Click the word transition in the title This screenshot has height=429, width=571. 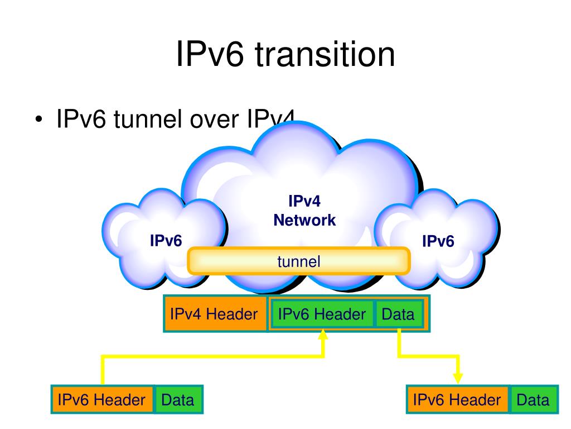click(x=326, y=55)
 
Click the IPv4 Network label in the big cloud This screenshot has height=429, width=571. click(x=304, y=210)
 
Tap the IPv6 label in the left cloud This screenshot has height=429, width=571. click(x=166, y=241)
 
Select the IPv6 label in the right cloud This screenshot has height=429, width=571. click(x=438, y=241)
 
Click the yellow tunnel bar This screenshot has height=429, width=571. click(x=299, y=261)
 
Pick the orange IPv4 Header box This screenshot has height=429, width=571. click(x=215, y=314)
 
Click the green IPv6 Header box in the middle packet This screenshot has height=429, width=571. click(x=322, y=314)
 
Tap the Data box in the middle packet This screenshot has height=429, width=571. click(x=398, y=314)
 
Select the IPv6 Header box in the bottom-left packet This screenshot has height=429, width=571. click(x=102, y=399)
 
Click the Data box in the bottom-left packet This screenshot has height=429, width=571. click(x=178, y=399)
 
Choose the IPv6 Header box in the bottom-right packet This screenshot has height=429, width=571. click(x=457, y=399)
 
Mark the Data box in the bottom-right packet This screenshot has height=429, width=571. click(x=533, y=399)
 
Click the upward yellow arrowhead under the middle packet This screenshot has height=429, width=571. click(x=323, y=335)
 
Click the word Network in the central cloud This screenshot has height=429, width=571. click(x=304, y=220)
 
